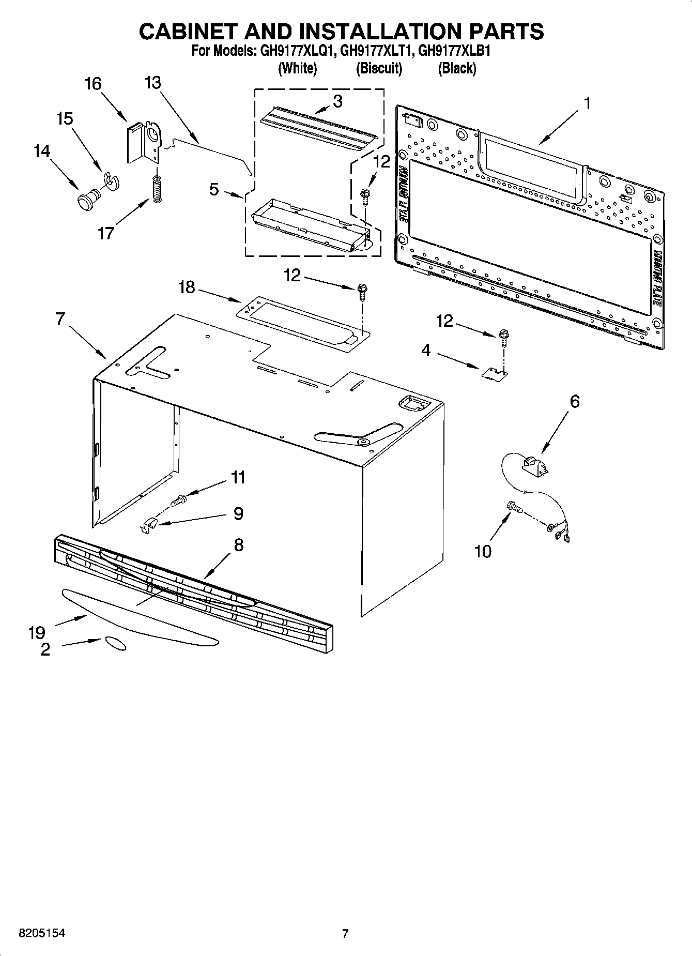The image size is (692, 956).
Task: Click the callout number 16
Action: [93, 84]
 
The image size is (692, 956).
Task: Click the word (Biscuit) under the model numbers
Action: [379, 68]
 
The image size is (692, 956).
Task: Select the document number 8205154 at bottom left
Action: [42, 933]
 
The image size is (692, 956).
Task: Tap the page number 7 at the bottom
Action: [345, 933]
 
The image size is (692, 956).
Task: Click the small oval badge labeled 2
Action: [115, 643]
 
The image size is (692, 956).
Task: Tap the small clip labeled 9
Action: [148, 526]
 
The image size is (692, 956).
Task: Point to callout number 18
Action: [187, 287]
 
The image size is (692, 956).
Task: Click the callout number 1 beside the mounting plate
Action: [587, 103]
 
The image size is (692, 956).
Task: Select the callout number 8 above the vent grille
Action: [239, 544]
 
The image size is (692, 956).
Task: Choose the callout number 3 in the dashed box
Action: [337, 102]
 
